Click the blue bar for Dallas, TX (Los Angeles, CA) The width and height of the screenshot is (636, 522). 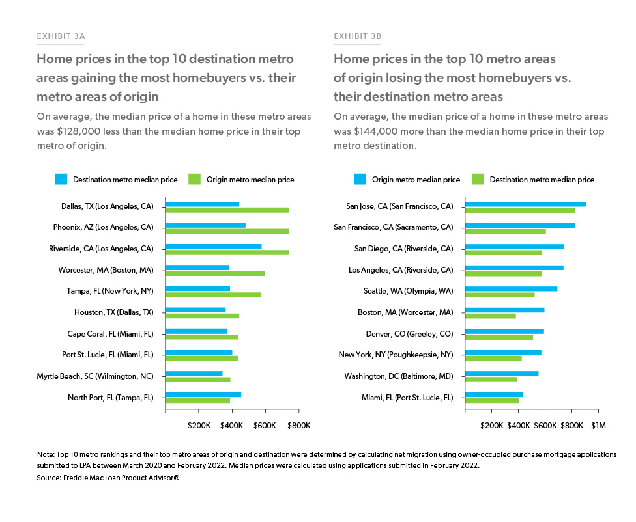(x=202, y=204)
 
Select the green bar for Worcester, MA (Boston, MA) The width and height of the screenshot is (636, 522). (x=215, y=273)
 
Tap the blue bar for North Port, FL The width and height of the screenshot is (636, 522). (x=203, y=394)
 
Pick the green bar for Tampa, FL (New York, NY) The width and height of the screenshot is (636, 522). (x=213, y=295)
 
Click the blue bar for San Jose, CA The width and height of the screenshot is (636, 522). (x=525, y=204)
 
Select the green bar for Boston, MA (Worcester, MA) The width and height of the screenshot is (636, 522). (x=490, y=316)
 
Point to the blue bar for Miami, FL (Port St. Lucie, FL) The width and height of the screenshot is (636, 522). (x=494, y=394)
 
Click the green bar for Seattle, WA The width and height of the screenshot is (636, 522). (x=500, y=295)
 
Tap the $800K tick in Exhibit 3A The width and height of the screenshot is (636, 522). (x=298, y=426)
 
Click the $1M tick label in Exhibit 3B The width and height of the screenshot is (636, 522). (x=598, y=426)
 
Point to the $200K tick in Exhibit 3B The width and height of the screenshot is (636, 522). (x=491, y=426)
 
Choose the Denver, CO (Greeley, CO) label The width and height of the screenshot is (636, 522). (x=409, y=334)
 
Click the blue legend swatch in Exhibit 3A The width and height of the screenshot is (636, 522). (x=61, y=179)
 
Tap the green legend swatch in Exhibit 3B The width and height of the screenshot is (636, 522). (x=478, y=179)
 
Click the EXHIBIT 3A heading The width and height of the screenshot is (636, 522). (x=61, y=36)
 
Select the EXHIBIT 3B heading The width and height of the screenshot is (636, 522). (x=358, y=36)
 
